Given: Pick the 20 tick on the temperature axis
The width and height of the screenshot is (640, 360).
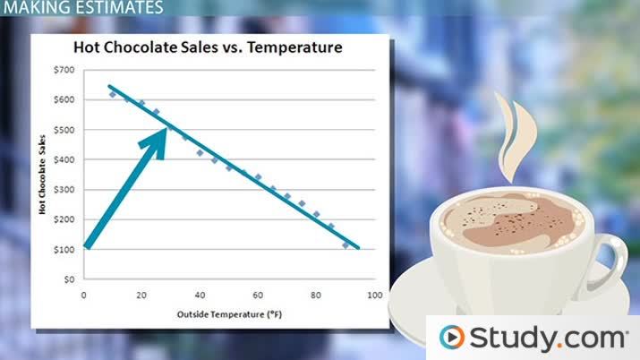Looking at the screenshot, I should point(141,295).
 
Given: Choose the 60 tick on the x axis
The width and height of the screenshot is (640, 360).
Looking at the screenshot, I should point(258,295).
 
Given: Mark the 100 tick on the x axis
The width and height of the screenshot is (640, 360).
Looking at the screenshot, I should point(373,295).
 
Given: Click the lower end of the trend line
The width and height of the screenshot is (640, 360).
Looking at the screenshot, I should point(359,248).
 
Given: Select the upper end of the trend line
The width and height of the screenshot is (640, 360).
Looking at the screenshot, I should point(109,87).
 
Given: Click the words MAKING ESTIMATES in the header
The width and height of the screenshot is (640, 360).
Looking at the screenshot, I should point(82,8).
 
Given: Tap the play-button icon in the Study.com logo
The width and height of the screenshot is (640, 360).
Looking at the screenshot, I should point(452,338).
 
